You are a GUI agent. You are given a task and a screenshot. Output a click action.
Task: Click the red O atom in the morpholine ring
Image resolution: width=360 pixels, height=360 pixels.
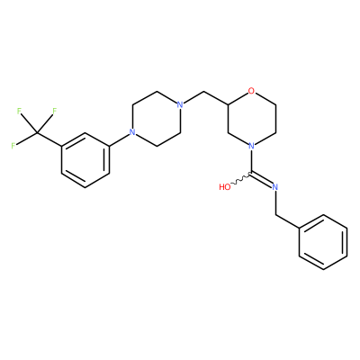pyautogui.click(x=252, y=90)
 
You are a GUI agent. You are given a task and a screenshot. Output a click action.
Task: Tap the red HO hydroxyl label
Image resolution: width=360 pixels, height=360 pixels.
pyautogui.click(x=225, y=187)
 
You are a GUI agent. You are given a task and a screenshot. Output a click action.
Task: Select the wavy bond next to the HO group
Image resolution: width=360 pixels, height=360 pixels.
pyautogui.click(x=241, y=179)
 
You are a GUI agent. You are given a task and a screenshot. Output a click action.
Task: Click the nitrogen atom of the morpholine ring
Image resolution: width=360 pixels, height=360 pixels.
pyautogui.click(x=252, y=146)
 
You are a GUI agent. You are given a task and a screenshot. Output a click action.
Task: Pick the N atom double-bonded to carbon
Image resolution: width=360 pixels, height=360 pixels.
pyautogui.click(x=275, y=187)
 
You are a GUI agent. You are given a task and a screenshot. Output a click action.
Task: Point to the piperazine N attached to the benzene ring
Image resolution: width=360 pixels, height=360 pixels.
pyautogui.click(x=131, y=132)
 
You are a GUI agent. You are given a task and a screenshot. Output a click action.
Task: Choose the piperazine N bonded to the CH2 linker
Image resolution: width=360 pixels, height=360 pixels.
pyautogui.click(x=180, y=104)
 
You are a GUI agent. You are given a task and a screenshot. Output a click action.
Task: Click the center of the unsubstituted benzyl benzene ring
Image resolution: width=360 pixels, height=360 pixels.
pyautogui.click(x=323, y=242)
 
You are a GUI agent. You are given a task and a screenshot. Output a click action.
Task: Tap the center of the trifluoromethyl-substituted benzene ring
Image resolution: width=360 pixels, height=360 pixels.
pyautogui.click(x=85, y=160)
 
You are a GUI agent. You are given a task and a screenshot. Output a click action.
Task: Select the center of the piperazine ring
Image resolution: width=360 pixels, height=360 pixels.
pyautogui.click(x=156, y=118)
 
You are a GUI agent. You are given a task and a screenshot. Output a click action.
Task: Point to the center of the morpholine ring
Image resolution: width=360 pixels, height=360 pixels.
pyautogui.click(x=252, y=118)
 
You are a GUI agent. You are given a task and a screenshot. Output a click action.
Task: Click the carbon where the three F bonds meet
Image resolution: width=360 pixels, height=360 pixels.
pyautogui.click(x=37, y=132)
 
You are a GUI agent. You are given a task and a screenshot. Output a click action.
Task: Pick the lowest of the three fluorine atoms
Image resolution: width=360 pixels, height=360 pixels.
pyautogui.click(x=13, y=146)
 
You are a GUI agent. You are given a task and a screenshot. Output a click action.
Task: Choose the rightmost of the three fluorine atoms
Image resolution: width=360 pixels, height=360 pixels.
pyautogui.click(x=54, y=111)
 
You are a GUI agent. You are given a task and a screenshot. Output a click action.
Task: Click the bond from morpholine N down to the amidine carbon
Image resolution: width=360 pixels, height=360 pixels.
pyautogui.click(x=252, y=161)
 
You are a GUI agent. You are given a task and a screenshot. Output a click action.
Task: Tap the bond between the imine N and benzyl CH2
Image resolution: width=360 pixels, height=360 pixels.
pyautogui.click(x=275, y=203)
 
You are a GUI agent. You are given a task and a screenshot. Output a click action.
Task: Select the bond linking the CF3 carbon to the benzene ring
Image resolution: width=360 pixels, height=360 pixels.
pyautogui.click(x=49, y=139)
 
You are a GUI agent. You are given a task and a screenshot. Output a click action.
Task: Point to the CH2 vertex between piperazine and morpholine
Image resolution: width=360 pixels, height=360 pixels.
pyautogui.click(x=204, y=91)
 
